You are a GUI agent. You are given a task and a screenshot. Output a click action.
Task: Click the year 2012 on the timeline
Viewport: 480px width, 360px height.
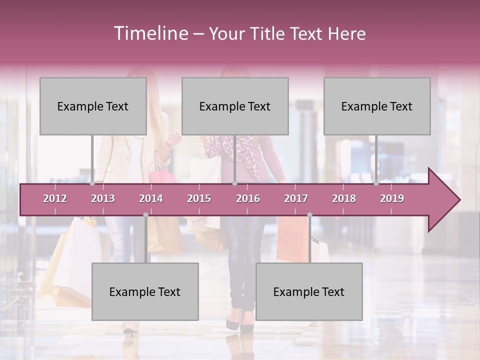pos(55,198)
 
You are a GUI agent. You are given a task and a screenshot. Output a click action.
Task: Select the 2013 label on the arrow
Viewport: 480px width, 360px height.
pos(103,198)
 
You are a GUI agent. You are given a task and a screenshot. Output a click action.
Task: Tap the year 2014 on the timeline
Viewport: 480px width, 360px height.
pos(151,198)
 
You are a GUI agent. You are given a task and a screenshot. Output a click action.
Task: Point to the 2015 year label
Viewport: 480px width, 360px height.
pos(199,198)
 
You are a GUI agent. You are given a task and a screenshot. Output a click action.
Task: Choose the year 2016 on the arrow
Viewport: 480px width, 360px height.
pos(248,198)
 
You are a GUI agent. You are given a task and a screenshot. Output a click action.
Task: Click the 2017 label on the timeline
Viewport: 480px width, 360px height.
pos(296,198)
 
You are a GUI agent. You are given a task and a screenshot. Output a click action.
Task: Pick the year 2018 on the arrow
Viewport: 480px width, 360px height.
pos(344,198)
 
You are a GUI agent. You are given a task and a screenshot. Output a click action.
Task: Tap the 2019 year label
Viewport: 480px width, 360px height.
pos(392,198)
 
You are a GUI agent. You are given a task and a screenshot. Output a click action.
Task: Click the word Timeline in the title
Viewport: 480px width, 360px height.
pos(150,33)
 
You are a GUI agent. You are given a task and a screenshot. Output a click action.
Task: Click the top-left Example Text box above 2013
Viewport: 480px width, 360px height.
pos(93,106)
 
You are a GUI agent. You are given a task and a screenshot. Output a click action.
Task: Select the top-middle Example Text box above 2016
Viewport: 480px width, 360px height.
pos(235,106)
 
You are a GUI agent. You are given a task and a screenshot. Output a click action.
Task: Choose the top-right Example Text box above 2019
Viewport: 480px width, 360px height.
pos(377,106)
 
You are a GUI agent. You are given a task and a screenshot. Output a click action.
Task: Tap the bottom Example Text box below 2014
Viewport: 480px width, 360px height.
pos(145,291)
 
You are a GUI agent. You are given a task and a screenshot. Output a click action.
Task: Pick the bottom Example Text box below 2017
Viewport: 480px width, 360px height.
pos(309,291)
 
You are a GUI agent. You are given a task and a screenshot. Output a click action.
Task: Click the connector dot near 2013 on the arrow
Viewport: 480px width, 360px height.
pos(92,183)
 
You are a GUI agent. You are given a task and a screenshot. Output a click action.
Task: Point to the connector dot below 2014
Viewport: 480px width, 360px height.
pos(145,215)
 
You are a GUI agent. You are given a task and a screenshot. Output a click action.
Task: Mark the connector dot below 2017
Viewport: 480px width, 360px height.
pos(309,215)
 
